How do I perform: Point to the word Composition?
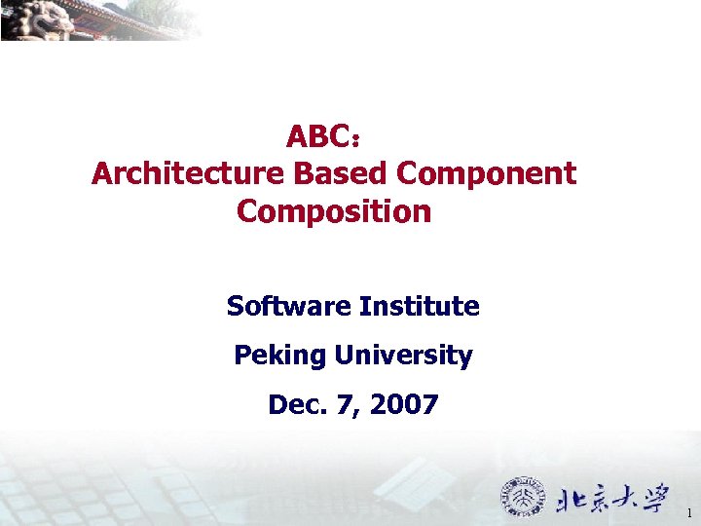tap(333, 210)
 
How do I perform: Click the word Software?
tap(288, 307)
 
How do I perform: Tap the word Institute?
tap(420, 307)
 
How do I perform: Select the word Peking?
tap(279, 356)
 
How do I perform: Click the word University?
tap(403, 356)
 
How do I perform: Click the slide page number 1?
tap(689, 512)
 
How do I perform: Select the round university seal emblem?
tap(523, 497)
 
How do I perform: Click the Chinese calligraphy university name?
tap(612, 499)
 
